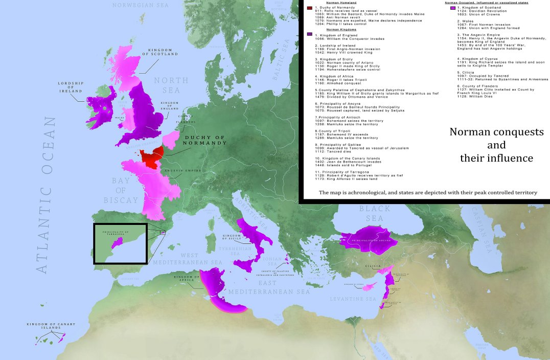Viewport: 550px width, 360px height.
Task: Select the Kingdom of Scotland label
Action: pyautogui.click(x=161, y=51)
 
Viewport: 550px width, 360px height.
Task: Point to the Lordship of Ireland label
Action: pyautogui.click(x=70, y=87)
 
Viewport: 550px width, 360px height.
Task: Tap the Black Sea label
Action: pyautogui.click(x=375, y=213)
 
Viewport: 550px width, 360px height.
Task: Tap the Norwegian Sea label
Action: pyautogui.click(x=141, y=5)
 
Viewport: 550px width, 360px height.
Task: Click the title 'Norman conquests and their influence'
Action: pyautogui.click(x=496, y=145)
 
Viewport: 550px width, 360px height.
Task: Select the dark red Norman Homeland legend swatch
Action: pyautogui.click(x=309, y=8)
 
